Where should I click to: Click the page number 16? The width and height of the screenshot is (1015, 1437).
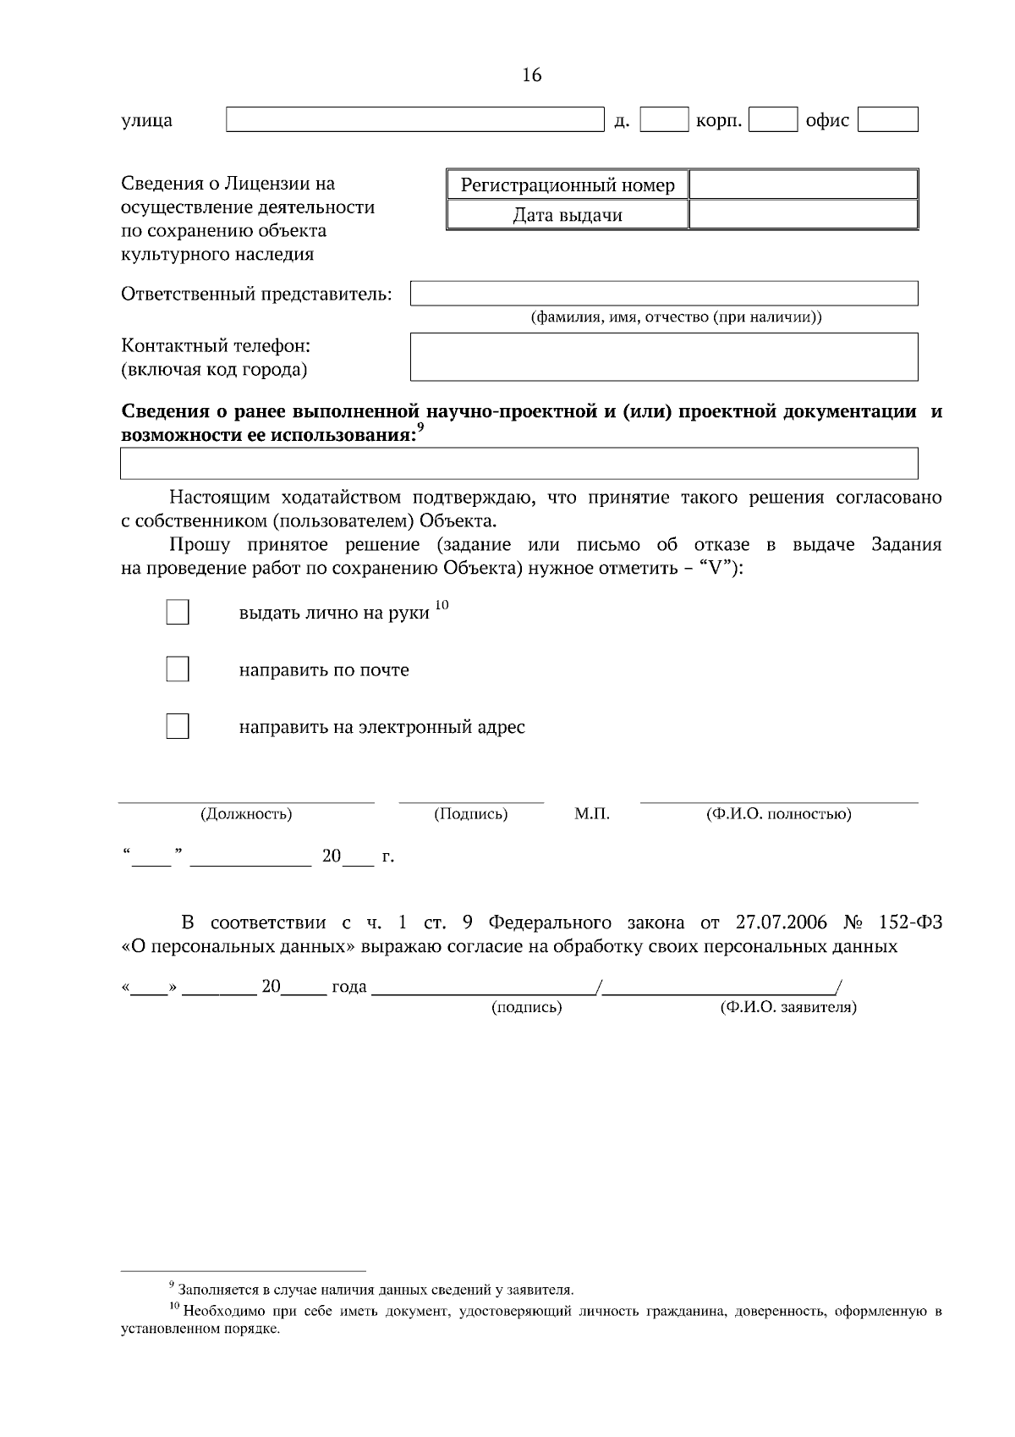click(531, 75)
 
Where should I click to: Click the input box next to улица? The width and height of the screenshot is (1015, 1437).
click(414, 119)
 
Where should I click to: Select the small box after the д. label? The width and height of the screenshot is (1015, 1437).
click(664, 119)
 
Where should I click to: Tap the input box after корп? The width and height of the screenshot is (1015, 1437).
click(773, 119)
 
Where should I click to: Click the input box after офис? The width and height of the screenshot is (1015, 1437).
click(887, 119)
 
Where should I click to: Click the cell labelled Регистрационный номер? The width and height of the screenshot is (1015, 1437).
click(568, 184)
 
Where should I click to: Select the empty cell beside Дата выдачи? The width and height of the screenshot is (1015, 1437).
click(803, 215)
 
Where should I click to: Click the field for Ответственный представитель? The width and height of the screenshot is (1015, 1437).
click(664, 294)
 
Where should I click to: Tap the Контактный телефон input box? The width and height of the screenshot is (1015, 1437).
click(664, 356)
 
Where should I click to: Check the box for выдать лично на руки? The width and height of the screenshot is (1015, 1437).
click(178, 613)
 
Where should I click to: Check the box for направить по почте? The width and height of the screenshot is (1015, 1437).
click(178, 669)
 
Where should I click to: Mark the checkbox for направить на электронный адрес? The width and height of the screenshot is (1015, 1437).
click(178, 726)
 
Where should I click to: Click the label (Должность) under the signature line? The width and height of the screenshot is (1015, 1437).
click(246, 814)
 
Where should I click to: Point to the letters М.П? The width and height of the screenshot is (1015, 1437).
click(591, 814)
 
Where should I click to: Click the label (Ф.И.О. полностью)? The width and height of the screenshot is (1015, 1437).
click(778, 814)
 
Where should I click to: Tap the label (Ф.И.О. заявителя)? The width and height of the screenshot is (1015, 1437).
click(788, 1008)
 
